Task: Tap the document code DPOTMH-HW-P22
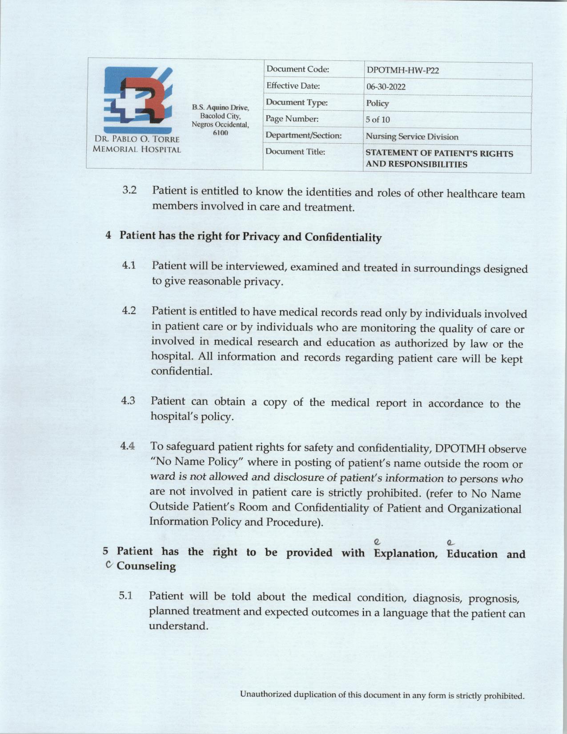pos(403,71)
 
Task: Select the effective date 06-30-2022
pos(386,87)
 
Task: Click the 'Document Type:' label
pos(297,103)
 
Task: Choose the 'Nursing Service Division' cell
pos(412,137)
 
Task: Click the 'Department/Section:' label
pos(303,135)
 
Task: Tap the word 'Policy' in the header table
pos(377,103)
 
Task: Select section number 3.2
pos(129,190)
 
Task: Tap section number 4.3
pos(128,400)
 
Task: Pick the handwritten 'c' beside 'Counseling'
pos(108,565)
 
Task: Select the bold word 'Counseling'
pos(146,566)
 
